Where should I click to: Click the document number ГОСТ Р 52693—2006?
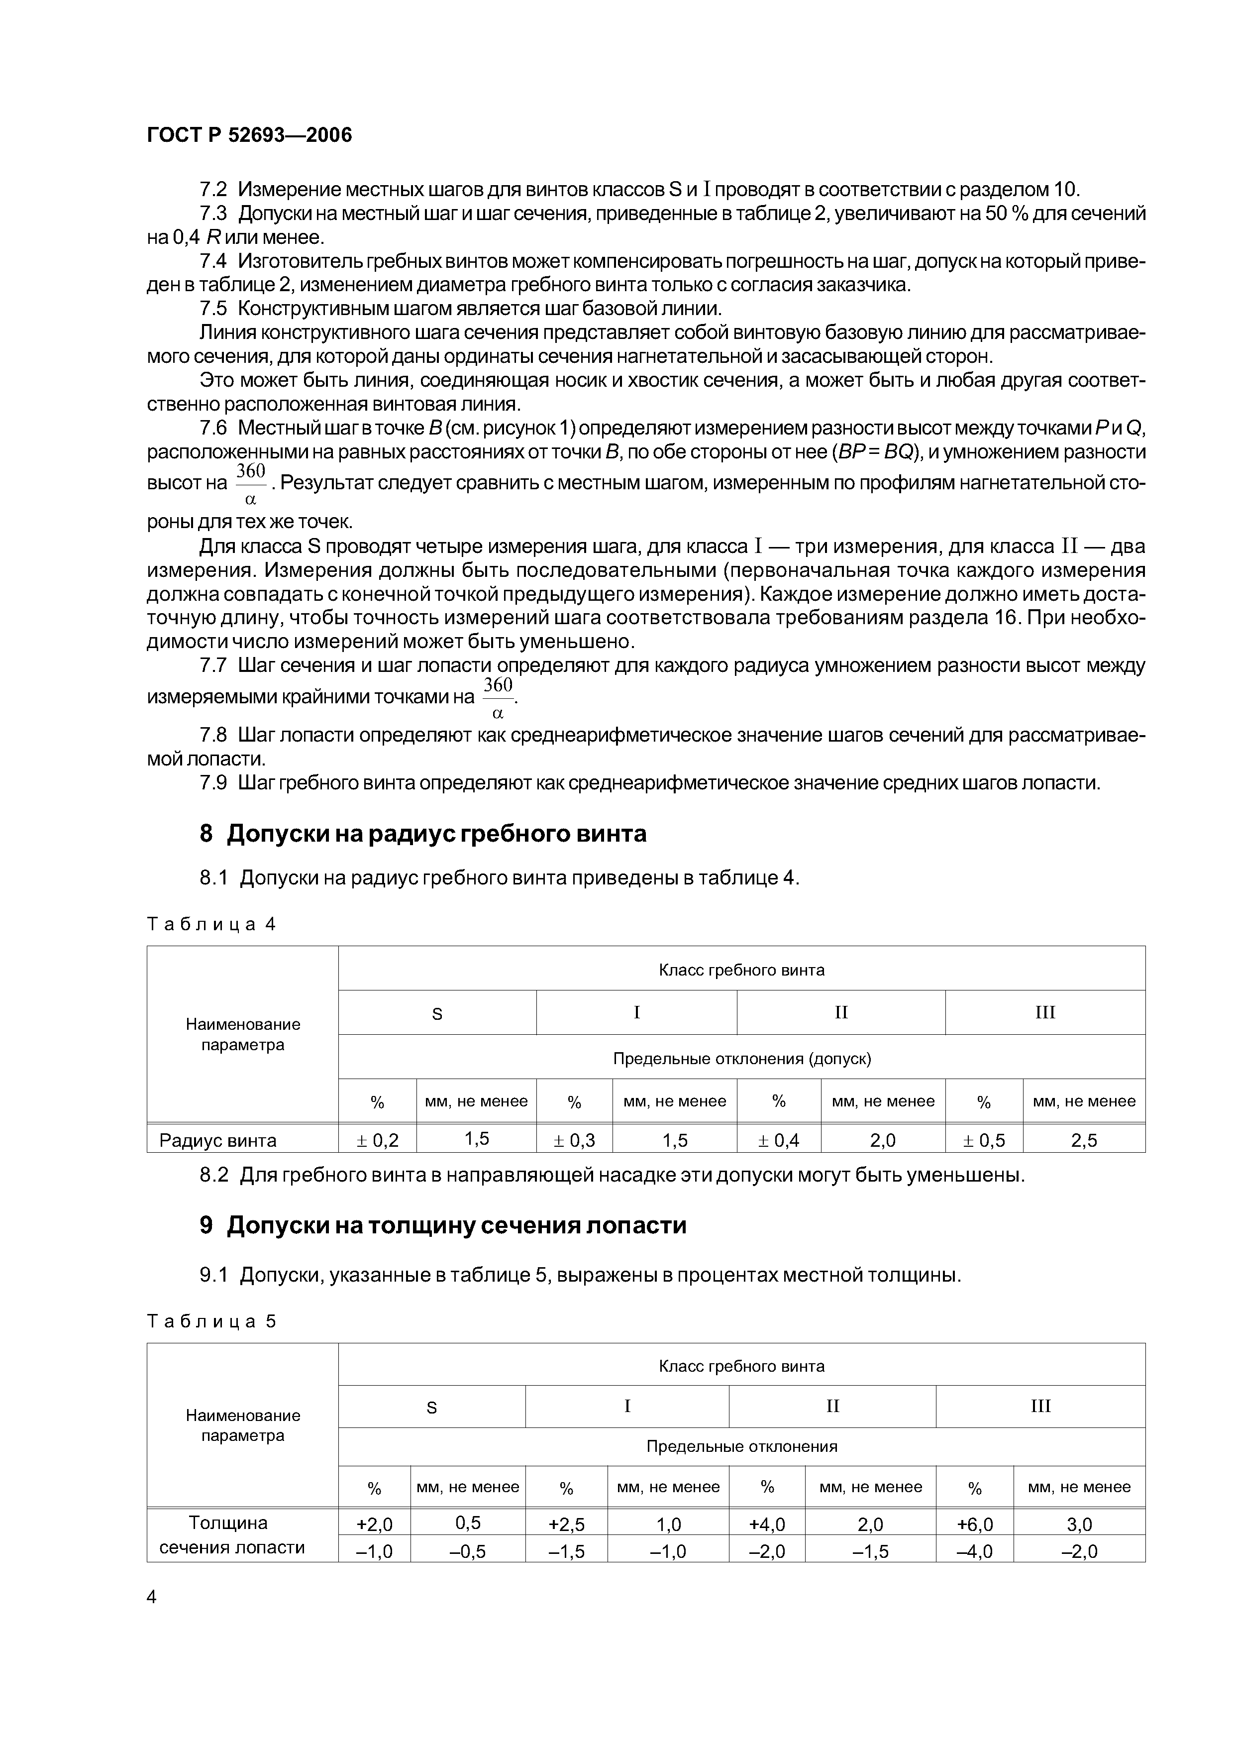249,135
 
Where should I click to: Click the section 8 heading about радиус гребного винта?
423,834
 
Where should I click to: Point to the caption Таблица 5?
210,1321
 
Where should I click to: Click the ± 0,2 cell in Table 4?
377,1140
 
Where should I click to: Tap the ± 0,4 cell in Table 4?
779,1140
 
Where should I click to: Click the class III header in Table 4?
1045,1012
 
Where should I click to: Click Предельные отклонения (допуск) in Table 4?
741,1058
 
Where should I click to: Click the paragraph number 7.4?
213,261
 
